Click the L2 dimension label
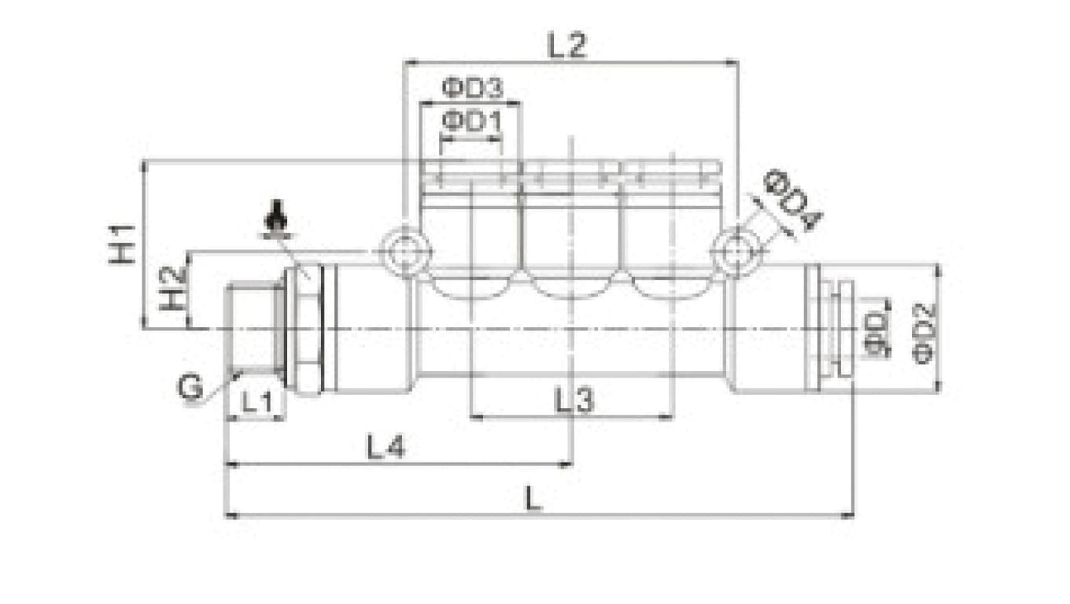point(566,46)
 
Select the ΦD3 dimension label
point(472,88)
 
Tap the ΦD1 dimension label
point(472,122)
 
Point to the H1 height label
point(122,244)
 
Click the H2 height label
point(172,289)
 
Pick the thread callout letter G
point(190,386)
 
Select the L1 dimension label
point(257,402)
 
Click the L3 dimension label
point(574,400)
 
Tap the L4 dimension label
point(386,447)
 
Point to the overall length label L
point(533,498)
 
